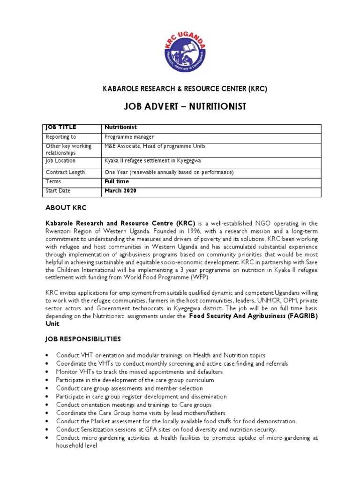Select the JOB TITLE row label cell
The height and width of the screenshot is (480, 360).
pos(60,127)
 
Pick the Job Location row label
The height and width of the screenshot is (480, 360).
pos(60,161)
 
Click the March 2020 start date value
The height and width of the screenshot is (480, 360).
pos(120,191)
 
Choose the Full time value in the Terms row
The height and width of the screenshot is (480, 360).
pos(116,181)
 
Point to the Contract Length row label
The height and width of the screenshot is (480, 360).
pos(65,172)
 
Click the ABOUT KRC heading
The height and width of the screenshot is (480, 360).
pos(66,208)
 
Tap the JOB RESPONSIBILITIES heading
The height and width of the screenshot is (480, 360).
pos(82,338)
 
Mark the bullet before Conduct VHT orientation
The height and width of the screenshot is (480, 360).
pos(47,355)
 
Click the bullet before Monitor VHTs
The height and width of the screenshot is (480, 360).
pos(47,372)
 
